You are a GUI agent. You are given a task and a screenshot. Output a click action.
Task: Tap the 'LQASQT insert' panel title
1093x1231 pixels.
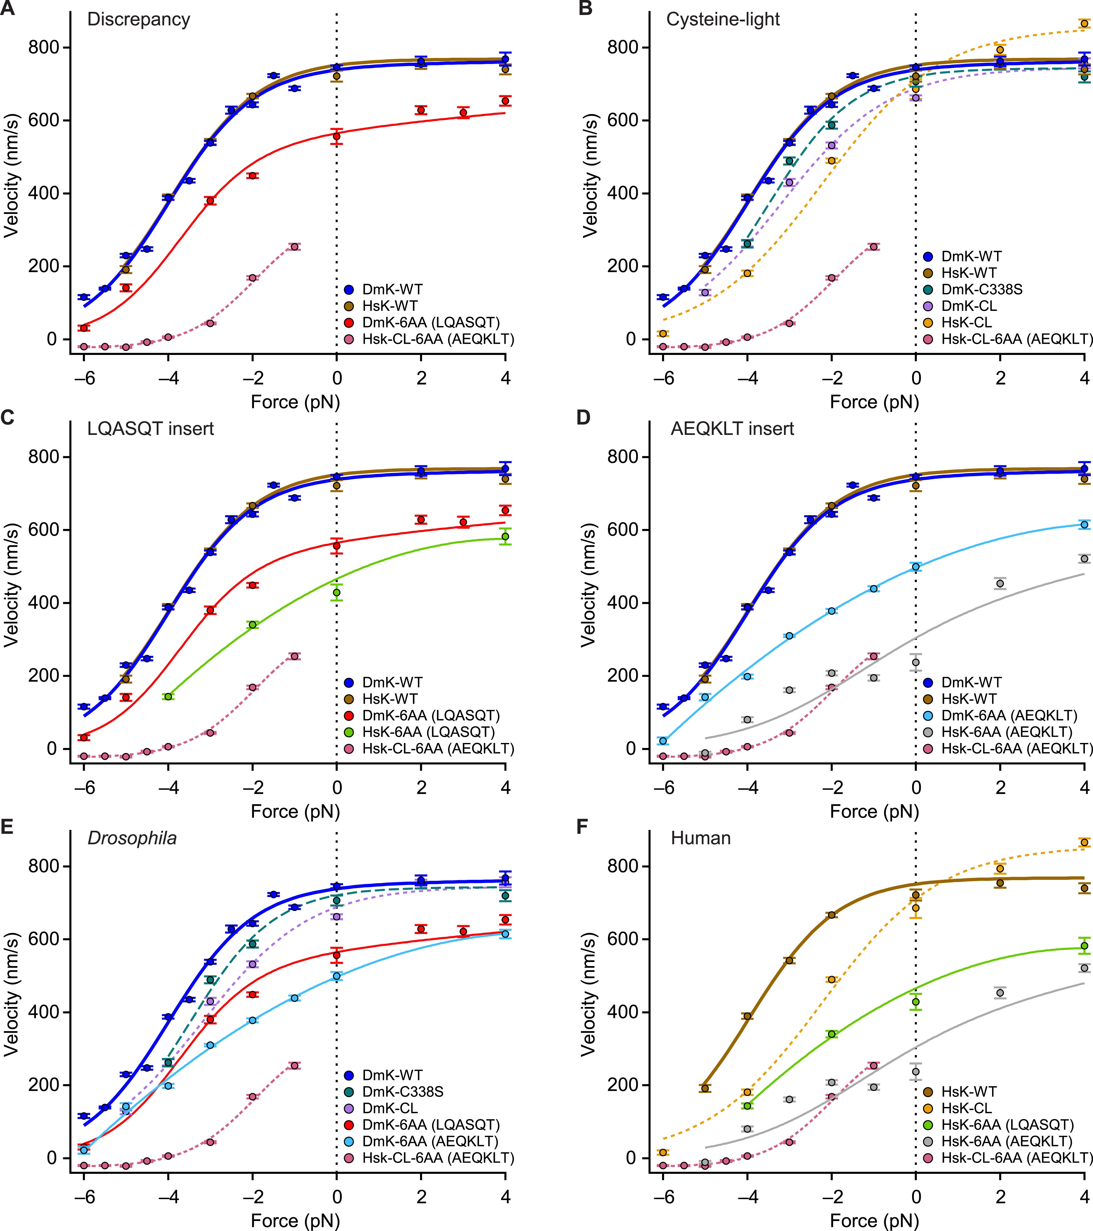coord(151,429)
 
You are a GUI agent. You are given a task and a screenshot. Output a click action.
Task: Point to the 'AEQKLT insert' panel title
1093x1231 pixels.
coord(732,429)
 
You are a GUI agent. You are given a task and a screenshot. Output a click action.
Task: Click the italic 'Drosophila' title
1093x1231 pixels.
coord(132,838)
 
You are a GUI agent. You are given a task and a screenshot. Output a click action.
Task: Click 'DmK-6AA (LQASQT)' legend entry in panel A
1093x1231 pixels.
coord(431,323)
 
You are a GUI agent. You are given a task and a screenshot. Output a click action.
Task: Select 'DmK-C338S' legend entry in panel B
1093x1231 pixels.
coord(981,290)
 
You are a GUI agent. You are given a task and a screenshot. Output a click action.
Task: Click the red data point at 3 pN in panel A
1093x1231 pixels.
coord(463,112)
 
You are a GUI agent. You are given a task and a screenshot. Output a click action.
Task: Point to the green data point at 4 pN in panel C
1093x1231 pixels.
coord(505,536)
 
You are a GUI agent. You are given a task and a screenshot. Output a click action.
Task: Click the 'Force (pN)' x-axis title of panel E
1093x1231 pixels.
coord(295,1221)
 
